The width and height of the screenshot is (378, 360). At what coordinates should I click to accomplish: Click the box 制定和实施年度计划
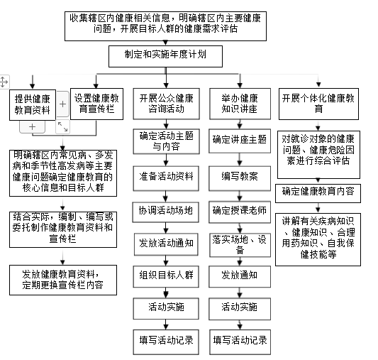coord(165,57)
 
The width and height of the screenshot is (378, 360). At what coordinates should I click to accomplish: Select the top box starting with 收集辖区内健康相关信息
coord(165,26)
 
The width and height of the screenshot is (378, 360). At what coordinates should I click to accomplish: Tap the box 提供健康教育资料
coord(33,105)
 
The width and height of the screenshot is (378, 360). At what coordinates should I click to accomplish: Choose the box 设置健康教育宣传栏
coord(96,104)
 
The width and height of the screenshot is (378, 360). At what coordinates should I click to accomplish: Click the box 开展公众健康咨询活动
coord(167,104)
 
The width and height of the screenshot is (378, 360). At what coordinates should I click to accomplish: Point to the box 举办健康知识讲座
coord(240,104)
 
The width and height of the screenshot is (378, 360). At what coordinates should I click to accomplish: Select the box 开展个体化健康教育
coord(318,104)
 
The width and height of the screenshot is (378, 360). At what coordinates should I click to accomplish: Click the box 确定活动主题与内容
coord(167,141)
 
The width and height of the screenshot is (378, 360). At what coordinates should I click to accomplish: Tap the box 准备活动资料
coord(166,178)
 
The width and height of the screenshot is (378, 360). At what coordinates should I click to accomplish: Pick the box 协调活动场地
coord(166,212)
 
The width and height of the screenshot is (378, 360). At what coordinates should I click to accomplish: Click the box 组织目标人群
coord(166,276)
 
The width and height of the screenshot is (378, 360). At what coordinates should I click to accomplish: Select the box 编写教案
coord(240,178)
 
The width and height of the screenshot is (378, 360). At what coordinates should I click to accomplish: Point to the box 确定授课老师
coord(240,212)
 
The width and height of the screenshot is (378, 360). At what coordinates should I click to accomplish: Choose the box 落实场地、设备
coord(240,245)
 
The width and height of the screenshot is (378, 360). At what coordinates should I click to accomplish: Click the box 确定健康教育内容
coord(318,194)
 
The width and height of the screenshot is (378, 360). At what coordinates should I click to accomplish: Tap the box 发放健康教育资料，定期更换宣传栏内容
coord(63,280)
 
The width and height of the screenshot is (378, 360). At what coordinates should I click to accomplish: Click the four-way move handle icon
coord(4,82)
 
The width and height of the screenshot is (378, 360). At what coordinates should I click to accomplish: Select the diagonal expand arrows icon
coord(62,126)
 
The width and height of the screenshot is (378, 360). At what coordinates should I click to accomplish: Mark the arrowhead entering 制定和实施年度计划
coord(165,43)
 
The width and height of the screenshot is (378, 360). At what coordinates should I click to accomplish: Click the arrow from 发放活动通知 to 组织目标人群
coord(166,261)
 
